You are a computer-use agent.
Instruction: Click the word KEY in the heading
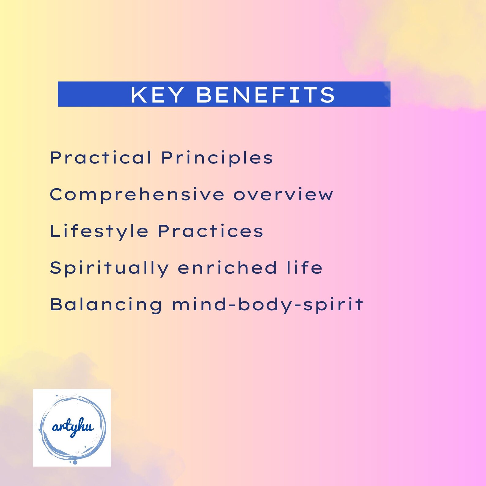click(157, 95)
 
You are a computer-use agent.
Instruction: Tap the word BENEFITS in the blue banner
click(265, 95)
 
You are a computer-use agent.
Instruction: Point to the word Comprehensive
click(137, 195)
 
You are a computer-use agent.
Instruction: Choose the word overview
click(283, 195)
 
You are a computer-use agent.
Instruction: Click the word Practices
click(210, 231)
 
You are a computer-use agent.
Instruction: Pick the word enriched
click(227, 268)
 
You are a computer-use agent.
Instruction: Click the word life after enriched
click(304, 267)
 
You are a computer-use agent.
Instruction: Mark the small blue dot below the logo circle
click(75, 462)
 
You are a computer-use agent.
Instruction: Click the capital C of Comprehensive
click(56, 195)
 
